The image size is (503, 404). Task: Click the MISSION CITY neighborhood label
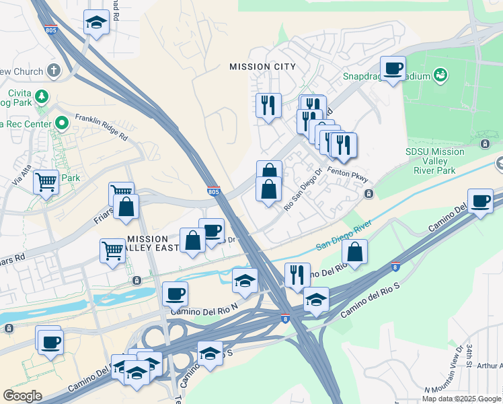[262, 67]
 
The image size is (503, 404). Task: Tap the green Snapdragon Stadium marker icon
[440, 74]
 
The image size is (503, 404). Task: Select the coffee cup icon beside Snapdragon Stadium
[393, 68]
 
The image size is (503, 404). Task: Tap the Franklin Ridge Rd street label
[101, 125]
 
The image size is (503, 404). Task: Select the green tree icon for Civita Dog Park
[42, 96]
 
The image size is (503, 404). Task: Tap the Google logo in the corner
[22, 395]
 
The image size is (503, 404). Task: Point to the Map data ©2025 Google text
[461, 398]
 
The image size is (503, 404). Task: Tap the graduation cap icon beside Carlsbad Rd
[96, 23]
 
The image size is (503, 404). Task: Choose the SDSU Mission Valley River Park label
[434, 161]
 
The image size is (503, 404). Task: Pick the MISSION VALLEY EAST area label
[153, 243]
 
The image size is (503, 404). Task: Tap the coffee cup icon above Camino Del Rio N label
[175, 294]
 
